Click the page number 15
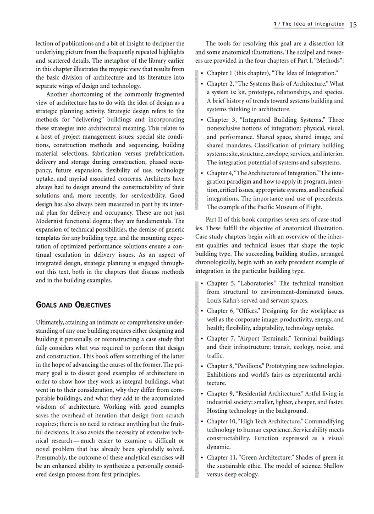coord(352,25)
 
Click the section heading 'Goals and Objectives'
coord(73,305)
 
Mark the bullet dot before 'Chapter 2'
coord(202,84)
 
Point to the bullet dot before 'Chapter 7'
coord(202,339)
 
